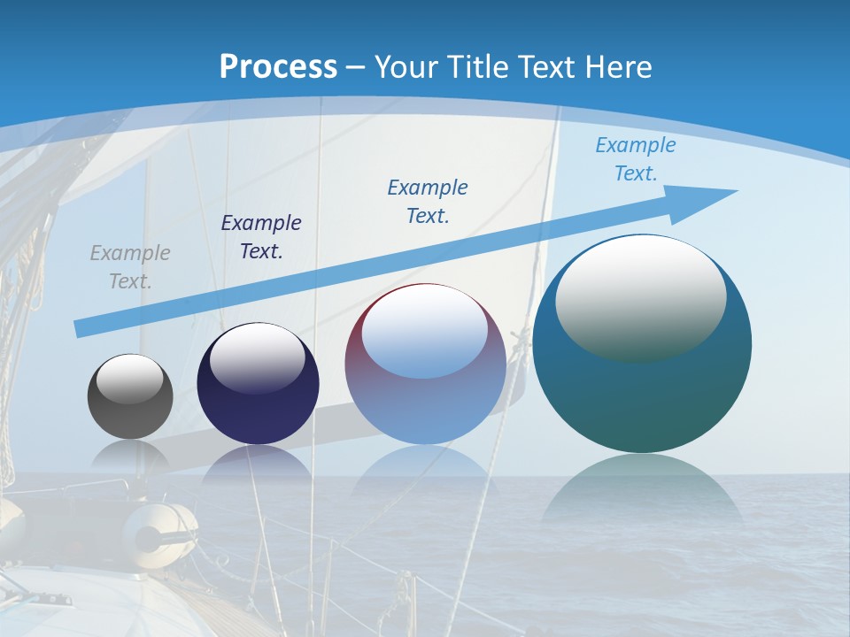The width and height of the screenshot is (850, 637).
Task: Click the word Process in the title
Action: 278,66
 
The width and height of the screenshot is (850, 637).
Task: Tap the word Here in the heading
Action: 616,66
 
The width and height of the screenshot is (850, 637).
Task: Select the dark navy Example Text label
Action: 261,237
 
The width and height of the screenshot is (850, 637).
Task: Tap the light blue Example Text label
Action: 636,159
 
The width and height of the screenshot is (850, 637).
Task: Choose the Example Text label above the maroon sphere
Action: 428,201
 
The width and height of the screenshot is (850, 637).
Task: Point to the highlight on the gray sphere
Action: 130,379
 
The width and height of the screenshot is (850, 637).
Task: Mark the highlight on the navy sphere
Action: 258,357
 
